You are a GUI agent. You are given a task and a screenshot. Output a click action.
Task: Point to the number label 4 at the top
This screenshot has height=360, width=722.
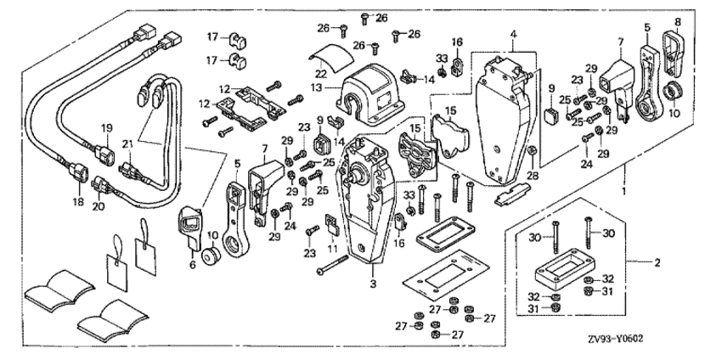click(512, 36)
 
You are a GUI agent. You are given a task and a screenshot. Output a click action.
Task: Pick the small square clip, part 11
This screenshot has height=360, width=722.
click(333, 228)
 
